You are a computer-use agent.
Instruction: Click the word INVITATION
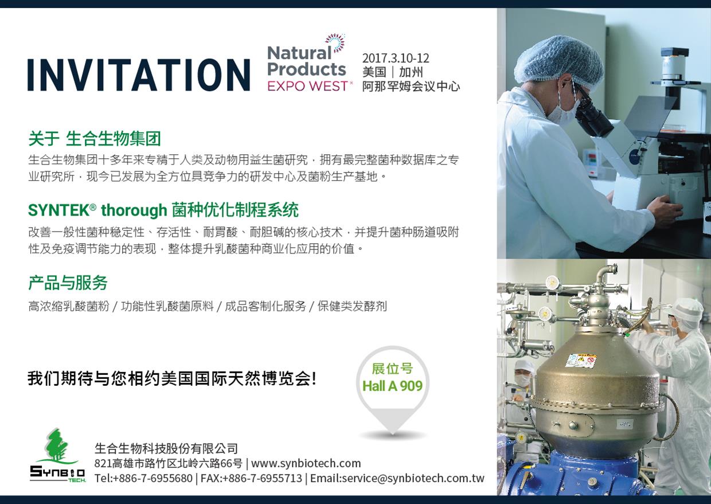tap(139, 75)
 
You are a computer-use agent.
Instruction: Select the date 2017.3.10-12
tap(396, 58)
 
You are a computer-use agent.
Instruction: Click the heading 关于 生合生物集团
tap(95, 139)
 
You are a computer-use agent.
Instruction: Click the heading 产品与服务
tap(68, 283)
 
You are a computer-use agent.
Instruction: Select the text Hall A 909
tap(393, 386)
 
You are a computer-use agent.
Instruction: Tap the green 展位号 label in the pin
tap(393, 369)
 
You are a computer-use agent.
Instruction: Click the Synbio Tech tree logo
tap(58, 456)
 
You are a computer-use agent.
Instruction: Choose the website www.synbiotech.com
tap(306, 463)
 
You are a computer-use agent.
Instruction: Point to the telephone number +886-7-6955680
tap(153, 478)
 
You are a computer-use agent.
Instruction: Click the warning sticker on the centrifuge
tap(580, 362)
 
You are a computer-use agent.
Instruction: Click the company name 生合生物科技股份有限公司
tap(166, 448)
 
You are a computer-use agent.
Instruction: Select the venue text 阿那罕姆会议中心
tap(411, 87)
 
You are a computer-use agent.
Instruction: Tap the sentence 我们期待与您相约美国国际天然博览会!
tap(172, 379)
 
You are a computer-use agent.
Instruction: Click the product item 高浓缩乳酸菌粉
tap(69, 306)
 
